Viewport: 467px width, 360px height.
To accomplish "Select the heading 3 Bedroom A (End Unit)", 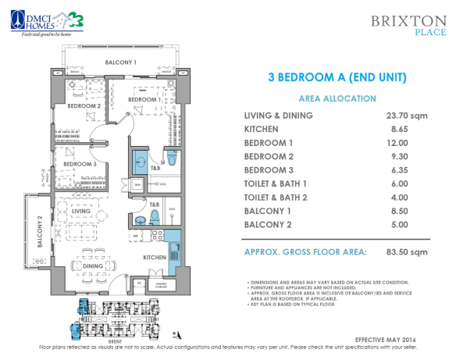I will coord(337,77).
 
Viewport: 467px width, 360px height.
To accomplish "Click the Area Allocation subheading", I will coord(337,98).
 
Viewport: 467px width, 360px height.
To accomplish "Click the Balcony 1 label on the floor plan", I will coord(122,62).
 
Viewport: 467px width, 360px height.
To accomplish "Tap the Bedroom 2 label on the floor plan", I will coord(84,105).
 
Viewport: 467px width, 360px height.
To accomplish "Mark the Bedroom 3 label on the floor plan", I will coord(80,164).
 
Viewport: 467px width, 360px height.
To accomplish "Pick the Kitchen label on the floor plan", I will coord(154,257).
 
